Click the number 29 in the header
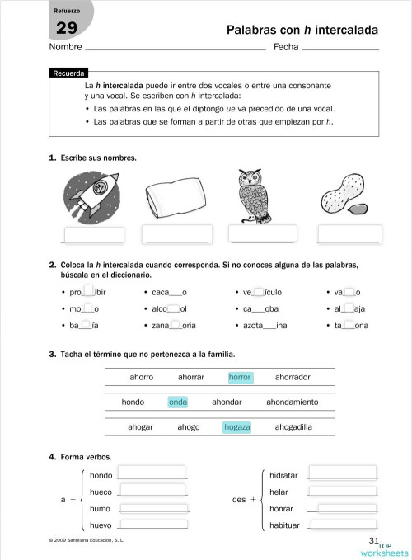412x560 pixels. point(66,30)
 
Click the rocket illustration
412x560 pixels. point(91,195)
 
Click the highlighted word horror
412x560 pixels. point(240,377)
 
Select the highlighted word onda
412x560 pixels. point(178,402)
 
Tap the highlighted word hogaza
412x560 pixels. point(236,427)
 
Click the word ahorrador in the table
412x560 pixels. point(293,377)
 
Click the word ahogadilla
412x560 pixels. point(293,427)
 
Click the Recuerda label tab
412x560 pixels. point(68,73)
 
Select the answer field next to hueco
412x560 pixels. point(152,491)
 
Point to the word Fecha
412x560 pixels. point(285,47)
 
